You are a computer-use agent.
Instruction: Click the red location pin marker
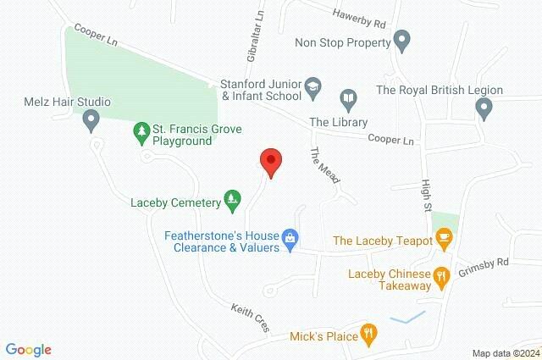tap(270, 161)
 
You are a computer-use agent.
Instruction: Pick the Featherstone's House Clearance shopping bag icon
tap(290, 238)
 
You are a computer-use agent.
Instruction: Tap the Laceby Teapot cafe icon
tap(441, 241)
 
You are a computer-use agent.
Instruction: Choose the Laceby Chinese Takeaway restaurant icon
tap(440, 276)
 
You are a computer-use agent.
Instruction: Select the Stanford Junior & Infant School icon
tap(312, 85)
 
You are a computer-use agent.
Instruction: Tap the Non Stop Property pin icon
tap(402, 40)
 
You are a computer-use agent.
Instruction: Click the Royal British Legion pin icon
tap(484, 108)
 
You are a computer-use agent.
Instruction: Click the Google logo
tap(28, 349)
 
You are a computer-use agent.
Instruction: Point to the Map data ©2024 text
tap(505, 352)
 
